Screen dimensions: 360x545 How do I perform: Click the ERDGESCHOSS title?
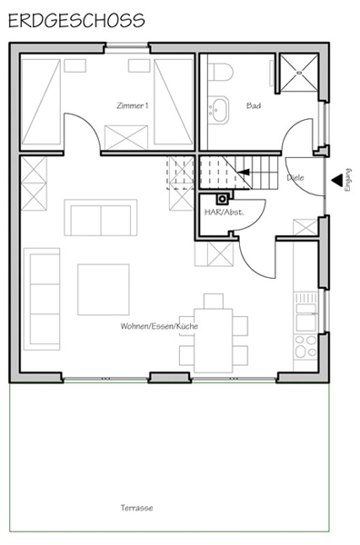(x=76, y=21)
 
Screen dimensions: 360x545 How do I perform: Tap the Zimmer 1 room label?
(x=132, y=105)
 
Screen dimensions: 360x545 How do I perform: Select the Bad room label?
(x=254, y=105)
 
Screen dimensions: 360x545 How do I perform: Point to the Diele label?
(x=295, y=178)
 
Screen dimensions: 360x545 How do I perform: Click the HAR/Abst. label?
(x=224, y=212)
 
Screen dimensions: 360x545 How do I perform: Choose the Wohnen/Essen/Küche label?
(x=159, y=326)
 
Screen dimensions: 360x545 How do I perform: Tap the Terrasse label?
(x=136, y=508)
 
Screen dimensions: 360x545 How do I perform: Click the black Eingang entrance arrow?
(x=336, y=181)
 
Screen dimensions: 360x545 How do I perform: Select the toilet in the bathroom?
(x=221, y=72)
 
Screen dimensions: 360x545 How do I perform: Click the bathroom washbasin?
(x=219, y=110)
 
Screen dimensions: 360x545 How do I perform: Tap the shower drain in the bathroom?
(x=299, y=73)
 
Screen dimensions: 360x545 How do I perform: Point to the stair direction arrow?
(x=244, y=172)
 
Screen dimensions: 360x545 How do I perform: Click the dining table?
(x=214, y=341)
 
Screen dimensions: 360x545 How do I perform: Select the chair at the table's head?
(x=214, y=301)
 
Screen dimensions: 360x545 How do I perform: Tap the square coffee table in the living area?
(x=104, y=290)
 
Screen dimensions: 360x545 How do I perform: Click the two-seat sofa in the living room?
(x=101, y=218)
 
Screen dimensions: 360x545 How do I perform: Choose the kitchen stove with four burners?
(x=305, y=347)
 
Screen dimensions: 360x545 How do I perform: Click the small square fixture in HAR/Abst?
(x=223, y=199)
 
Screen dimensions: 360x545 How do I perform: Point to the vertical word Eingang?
(x=347, y=180)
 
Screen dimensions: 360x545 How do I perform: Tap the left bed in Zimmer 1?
(x=41, y=102)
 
